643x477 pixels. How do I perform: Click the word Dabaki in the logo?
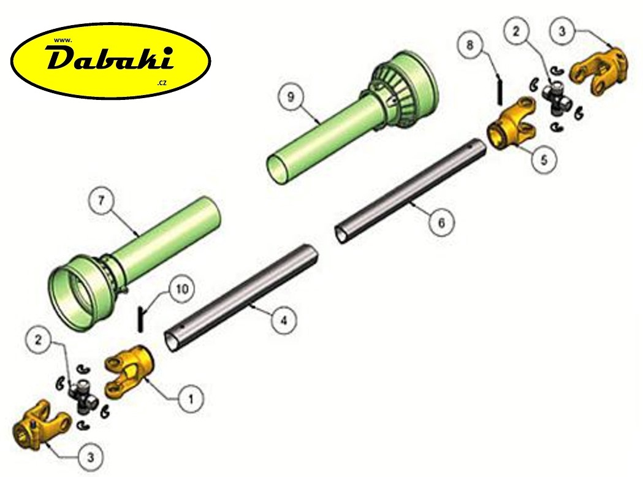[110, 59]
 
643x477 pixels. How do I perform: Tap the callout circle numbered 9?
[291, 97]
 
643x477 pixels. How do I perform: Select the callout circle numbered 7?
[102, 200]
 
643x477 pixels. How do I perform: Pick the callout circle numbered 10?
[182, 289]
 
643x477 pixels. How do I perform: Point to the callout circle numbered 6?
[441, 223]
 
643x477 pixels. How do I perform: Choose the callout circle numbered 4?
[284, 320]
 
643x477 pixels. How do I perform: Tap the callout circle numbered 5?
[544, 159]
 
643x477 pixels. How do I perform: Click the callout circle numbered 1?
[191, 399]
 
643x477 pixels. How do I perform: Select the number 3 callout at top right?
[562, 31]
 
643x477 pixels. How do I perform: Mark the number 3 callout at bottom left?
[91, 457]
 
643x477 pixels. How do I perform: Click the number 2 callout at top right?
[516, 31]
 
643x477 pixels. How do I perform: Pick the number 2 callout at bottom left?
[38, 340]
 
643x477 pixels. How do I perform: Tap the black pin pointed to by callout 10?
[140, 318]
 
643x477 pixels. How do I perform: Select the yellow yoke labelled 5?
[512, 123]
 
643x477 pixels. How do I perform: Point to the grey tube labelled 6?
[411, 191]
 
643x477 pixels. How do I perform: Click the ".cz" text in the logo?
[162, 82]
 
